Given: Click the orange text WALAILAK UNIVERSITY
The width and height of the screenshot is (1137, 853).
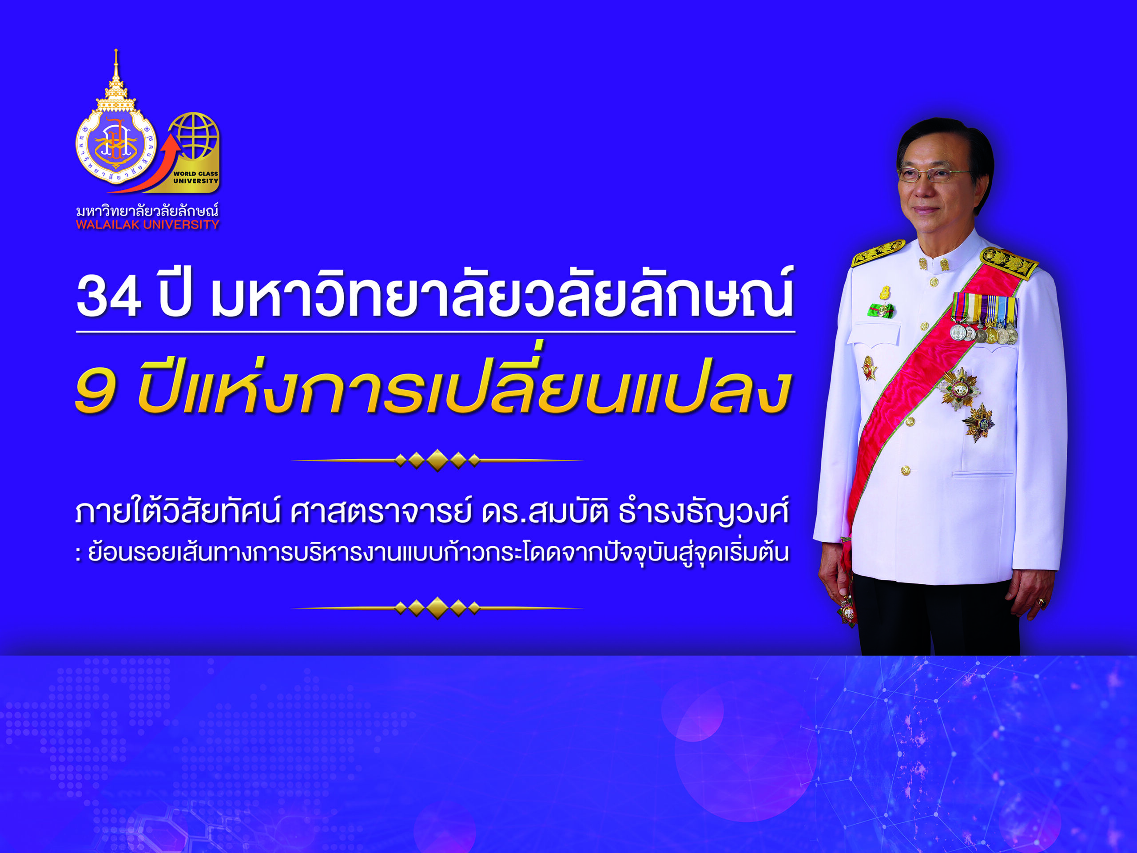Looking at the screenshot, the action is click(x=147, y=225).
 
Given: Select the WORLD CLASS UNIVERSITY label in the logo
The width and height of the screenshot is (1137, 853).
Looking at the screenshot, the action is click(x=195, y=177).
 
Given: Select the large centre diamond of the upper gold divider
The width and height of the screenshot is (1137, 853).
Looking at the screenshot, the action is click(x=437, y=460).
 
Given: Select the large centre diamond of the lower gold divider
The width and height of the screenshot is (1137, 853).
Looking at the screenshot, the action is click(x=437, y=608).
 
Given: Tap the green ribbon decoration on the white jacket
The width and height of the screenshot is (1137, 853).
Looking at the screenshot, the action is click(x=881, y=310).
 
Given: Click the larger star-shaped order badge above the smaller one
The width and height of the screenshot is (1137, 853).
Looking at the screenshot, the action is click(x=959, y=389).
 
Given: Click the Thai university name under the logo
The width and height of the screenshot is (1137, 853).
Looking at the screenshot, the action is click(x=147, y=210).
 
